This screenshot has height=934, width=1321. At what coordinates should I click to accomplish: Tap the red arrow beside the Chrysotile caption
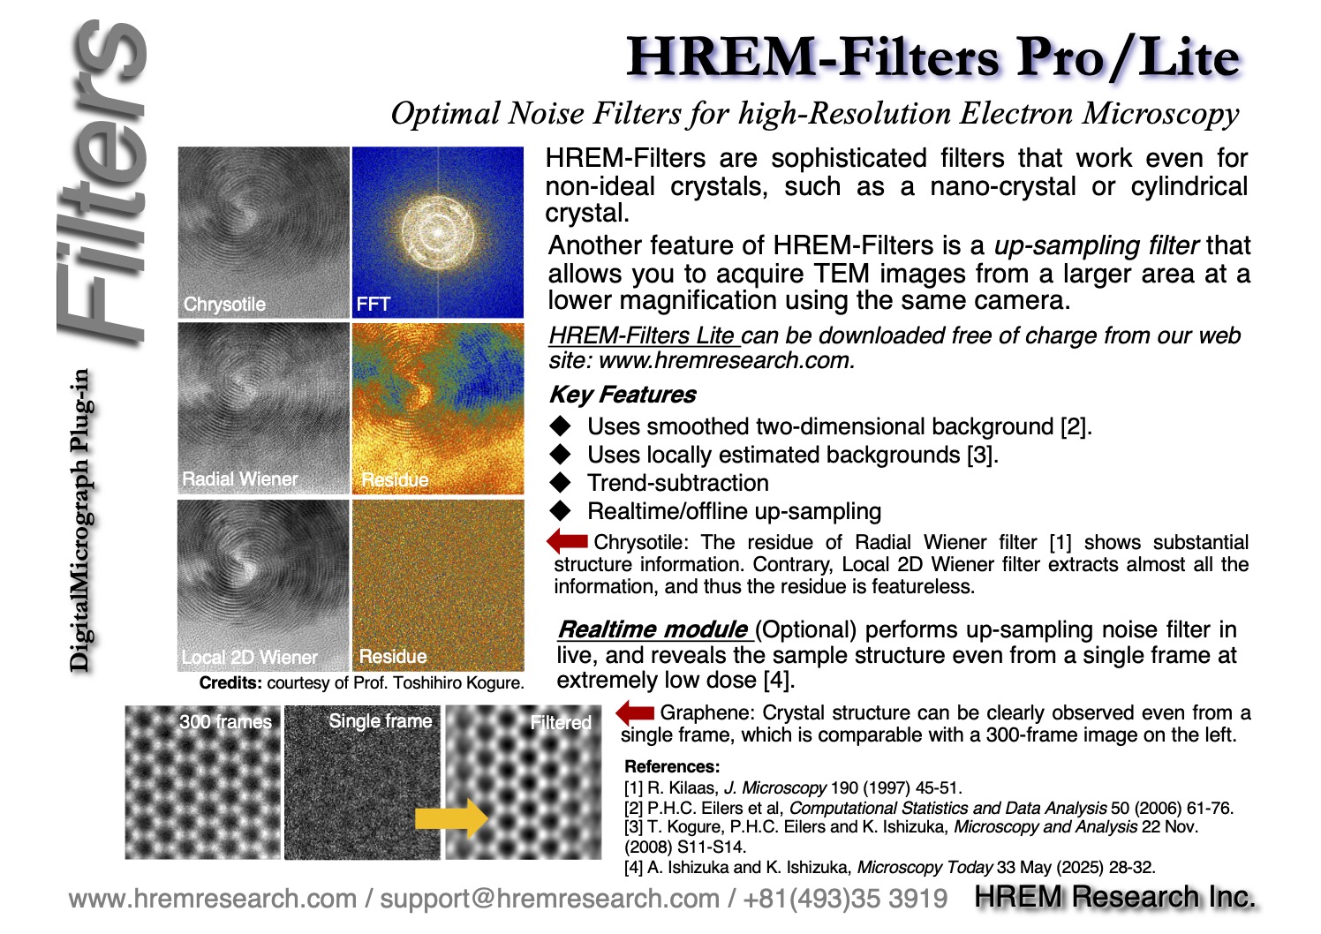pyautogui.click(x=567, y=540)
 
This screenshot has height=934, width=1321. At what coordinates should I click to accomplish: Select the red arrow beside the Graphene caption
pyautogui.click(x=635, y=713)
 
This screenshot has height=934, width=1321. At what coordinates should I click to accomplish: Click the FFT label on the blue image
pyautogui.click(x=373, y=304)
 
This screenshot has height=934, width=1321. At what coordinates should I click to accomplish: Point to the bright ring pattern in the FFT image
pyautogui.click(x=438, y=233)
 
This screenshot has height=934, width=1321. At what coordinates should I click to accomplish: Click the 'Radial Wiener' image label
pyautogui.click(x=240, y=478)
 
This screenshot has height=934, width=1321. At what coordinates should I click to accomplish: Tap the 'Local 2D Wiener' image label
pyautogui.click(x=250, y=657)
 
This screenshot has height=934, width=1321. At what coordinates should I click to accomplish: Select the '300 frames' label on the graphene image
pyautogui.click(x=225, y=722)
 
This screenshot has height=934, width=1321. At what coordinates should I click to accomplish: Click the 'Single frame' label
pyautogui.click(x=381, y=720)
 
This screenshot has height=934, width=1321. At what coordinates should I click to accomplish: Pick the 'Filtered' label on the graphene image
pyautogui.click(x=560, y=722)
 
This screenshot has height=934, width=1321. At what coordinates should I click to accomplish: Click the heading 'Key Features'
pyautogui.click(x=623, y=395)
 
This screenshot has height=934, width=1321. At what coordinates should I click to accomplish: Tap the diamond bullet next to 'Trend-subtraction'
pyautogui.click(x=560, y=482)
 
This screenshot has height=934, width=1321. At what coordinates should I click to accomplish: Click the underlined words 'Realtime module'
pyautogui.click(x=653, y=629)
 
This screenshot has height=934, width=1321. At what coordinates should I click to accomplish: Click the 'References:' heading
pyautogui.click(x=672, y=766)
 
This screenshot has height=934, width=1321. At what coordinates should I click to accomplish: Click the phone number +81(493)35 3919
pyautogui.click(x=845, y=899)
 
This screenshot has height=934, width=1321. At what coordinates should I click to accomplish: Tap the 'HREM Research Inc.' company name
pyautogui.click(x=1114, y=897)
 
